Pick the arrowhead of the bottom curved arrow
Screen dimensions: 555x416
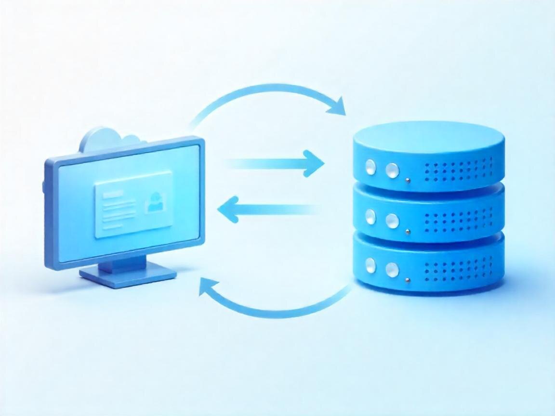tap(208, 290)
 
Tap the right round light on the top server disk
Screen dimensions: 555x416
tap(392, 170)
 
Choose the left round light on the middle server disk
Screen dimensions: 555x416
tap(370, 217)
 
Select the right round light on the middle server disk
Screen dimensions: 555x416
tap(392, 220)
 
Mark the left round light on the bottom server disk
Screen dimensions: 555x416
tap(370, 265)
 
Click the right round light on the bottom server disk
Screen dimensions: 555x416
tap(392, 269)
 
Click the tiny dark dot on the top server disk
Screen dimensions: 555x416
tap(408, 181)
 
